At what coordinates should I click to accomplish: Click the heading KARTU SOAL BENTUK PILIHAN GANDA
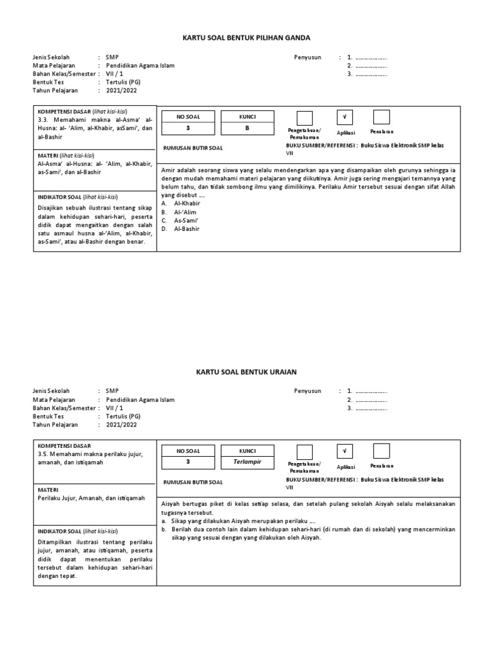point(242,38)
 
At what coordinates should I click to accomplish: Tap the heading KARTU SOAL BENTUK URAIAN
point(242,373)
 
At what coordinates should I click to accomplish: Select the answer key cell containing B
point(247,127)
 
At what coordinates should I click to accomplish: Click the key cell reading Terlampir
point(247,462)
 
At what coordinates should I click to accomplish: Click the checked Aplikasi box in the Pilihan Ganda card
point(344,117)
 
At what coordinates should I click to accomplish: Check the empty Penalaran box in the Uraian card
point(381,451)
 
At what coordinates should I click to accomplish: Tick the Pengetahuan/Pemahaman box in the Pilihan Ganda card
point(304,118)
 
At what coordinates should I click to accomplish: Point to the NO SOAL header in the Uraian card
point(188,450)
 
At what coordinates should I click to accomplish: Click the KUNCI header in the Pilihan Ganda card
point(247,116)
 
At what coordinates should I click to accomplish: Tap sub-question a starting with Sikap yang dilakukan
point(239,521)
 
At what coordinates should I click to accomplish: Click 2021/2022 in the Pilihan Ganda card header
point(121,90)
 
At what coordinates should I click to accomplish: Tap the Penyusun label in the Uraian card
point(308,391)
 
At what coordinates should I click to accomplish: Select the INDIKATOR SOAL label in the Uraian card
point(61,531)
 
